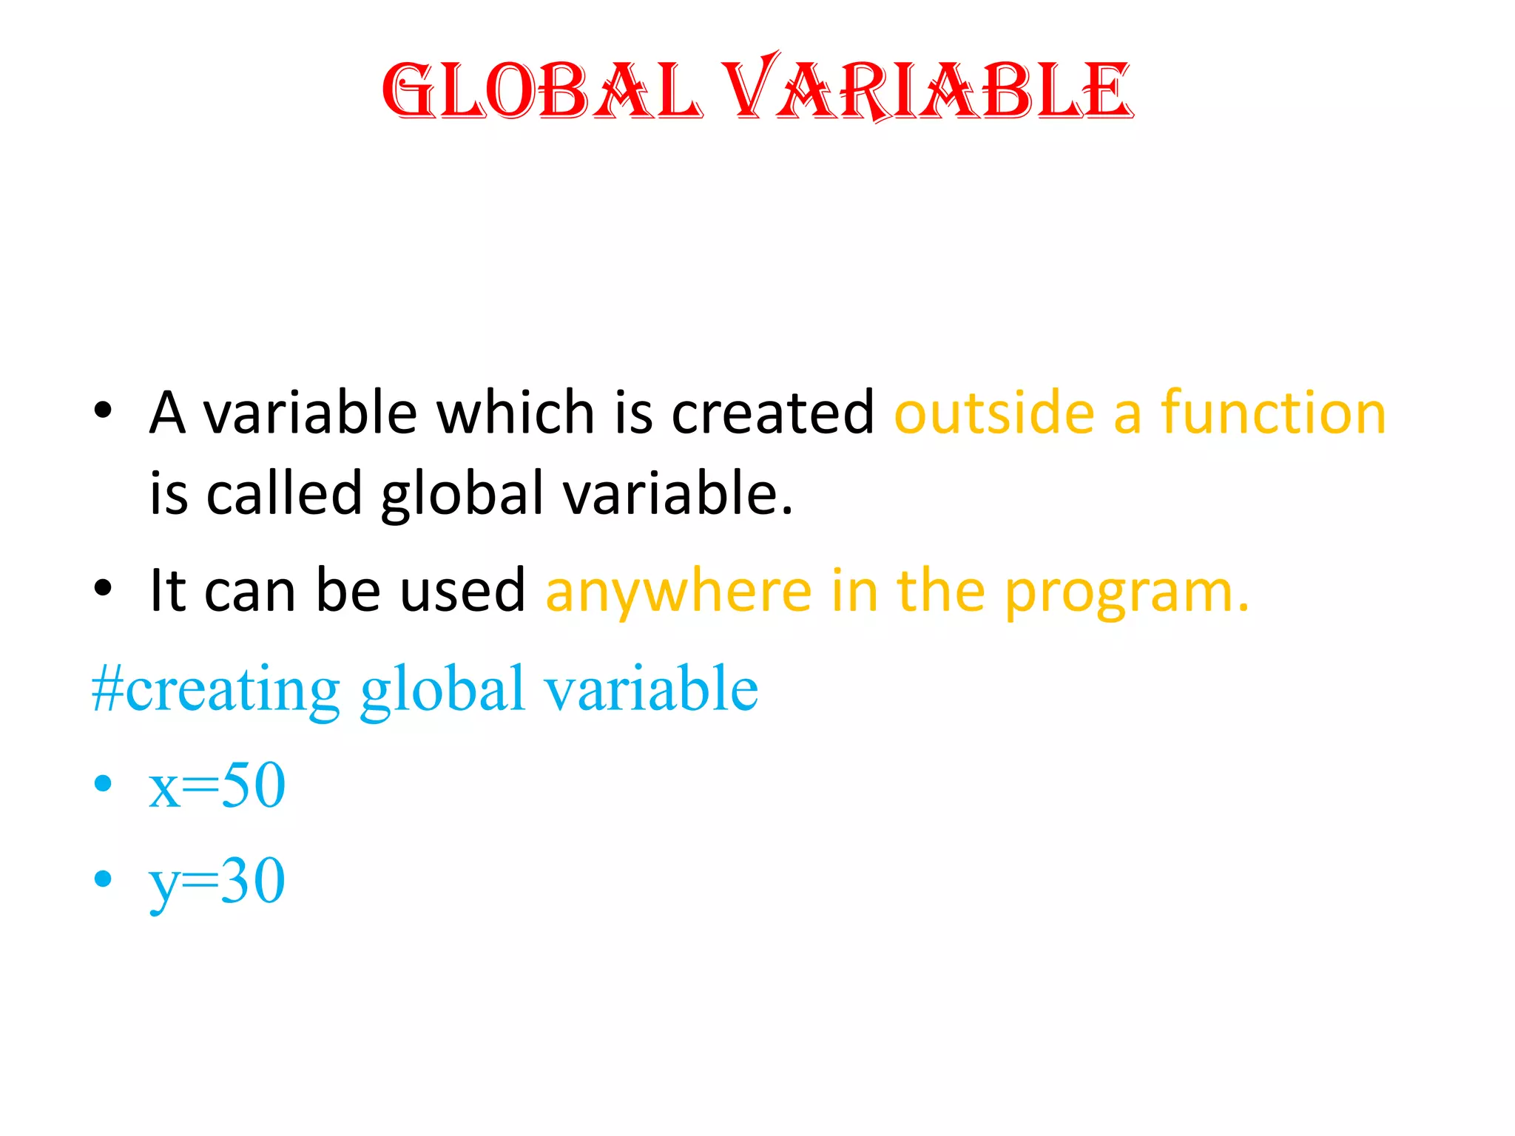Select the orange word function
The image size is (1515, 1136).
pos(1273,413)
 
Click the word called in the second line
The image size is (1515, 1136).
pos(284,493)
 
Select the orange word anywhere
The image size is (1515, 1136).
pos(678,592)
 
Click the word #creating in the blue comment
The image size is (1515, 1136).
pos(215,689)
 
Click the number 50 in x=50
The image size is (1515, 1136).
pos(254,785)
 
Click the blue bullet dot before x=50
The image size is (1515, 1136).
pos(103,784)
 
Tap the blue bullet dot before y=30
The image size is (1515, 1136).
pos(103,879)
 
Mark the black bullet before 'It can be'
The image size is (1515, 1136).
pos(103,589)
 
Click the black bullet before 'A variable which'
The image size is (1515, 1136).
pos(103,410)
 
